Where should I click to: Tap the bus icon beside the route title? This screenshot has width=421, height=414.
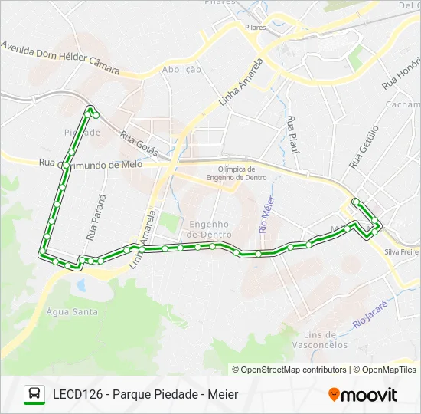pyautogui.click(x=34, y=395)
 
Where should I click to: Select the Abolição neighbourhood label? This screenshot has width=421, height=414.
pyautogui.click(x=182, y=69)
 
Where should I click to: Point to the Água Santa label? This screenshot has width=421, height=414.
pyautogui.click(x=72, y=311)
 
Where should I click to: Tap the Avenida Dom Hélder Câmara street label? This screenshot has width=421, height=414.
pyautogui.click(x=61, y=58)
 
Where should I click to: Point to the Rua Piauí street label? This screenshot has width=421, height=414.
pyautogui.click(x=292, y=133)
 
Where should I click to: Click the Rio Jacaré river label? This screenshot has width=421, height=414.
pyautogui.click(x=372, y=314)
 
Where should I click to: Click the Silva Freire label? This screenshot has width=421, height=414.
pyautogui.click(x=402, y=251)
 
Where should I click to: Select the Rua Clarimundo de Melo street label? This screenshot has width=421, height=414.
pyautogui.click(x=90, y=163)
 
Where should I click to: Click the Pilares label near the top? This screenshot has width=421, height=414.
pyautogui.click(x=256, y=27)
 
